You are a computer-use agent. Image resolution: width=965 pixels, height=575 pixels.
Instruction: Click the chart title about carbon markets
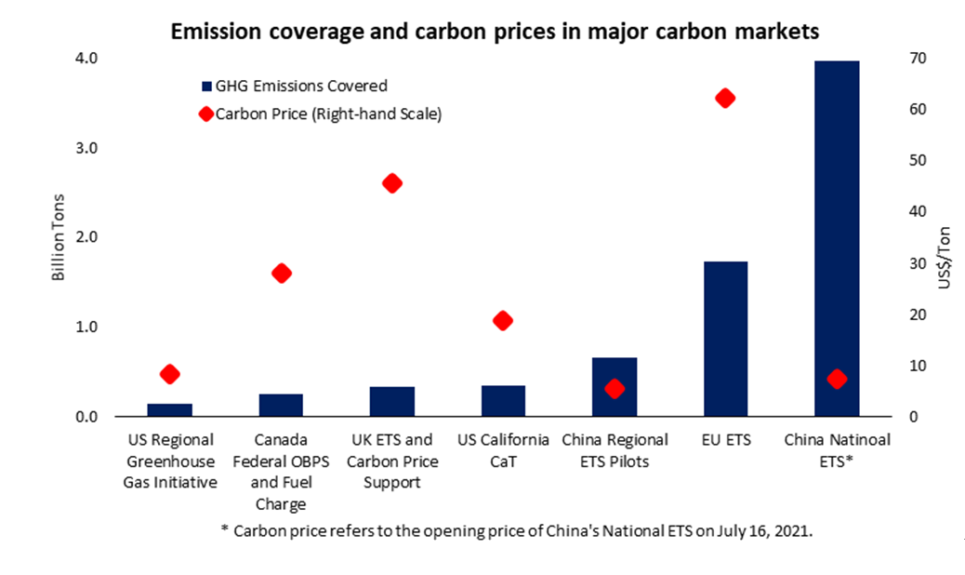tap(494, 32)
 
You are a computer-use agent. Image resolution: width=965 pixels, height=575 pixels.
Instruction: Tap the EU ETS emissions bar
tap(725, 339)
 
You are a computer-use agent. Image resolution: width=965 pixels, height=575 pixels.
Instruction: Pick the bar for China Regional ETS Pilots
tap(615, 387)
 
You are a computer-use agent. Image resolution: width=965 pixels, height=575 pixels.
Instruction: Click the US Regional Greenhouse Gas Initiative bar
tap(170, 410)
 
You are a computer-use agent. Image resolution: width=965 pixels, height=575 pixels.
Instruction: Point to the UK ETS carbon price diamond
tap(391, 183)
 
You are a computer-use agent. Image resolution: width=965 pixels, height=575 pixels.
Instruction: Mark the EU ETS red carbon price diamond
tap(726, 99)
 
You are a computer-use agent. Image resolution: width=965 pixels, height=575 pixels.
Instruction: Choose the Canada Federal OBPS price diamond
tap(282, 274)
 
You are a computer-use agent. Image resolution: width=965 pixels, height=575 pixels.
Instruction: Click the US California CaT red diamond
tap(503, 321)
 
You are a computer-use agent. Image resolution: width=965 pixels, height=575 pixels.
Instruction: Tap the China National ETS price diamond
tap(837, 379)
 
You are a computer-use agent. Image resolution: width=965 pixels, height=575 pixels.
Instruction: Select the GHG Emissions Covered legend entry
tap(294, 87)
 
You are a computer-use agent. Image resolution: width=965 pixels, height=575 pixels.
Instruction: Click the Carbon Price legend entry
tap(320, 114)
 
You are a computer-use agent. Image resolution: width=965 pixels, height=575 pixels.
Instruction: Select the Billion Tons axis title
tap(59, 238)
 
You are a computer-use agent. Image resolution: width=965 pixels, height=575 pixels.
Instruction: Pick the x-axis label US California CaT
tap(503, 450)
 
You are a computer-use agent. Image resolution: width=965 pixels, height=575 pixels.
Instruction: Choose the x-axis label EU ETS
tap(725, 440)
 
